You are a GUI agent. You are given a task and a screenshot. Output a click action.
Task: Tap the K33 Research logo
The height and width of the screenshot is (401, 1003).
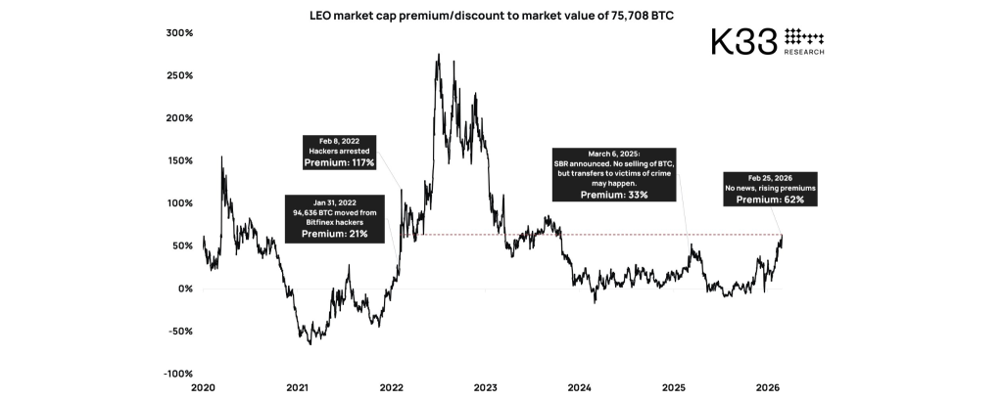click(x=767, y=41)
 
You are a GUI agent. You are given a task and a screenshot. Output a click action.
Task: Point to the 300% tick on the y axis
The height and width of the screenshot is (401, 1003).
click(x=178, y=32)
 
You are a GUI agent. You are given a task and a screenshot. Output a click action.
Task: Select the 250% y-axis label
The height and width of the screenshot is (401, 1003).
click(x=178, y=75)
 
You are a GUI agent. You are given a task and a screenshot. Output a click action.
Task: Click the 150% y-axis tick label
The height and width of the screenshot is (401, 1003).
click(x=178, y=160)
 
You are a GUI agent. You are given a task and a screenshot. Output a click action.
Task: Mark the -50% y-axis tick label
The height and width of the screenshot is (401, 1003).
click(x=178, y=332)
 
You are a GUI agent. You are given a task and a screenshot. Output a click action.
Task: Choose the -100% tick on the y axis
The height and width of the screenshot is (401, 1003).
click(x=176, y=374)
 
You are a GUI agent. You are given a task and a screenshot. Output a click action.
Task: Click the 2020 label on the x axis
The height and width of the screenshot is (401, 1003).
click(x=204, y=388)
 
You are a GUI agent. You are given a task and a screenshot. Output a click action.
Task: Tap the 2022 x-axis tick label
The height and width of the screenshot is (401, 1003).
click(x=392, y=388)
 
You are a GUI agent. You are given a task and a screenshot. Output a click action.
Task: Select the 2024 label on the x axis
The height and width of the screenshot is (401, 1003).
click(x=580, y=388)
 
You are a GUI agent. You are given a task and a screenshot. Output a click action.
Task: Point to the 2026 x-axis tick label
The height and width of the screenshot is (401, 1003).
click(x=768, y=388)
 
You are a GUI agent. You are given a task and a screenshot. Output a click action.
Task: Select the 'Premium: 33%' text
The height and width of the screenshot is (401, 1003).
click(x=614, y=195)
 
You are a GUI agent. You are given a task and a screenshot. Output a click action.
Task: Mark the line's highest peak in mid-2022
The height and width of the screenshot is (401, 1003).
click(x=438, y=55)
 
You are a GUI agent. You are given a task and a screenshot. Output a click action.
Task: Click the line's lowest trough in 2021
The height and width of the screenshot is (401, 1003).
click(x=310, y=344)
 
